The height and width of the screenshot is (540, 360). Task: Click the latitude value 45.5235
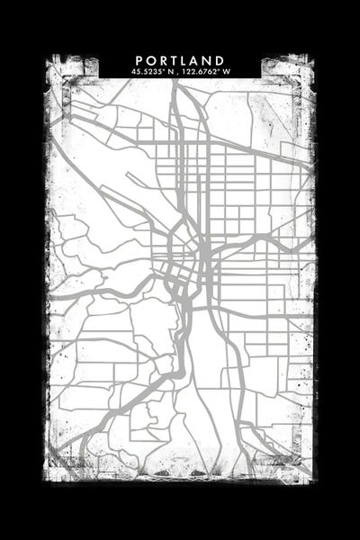click(147, 72)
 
